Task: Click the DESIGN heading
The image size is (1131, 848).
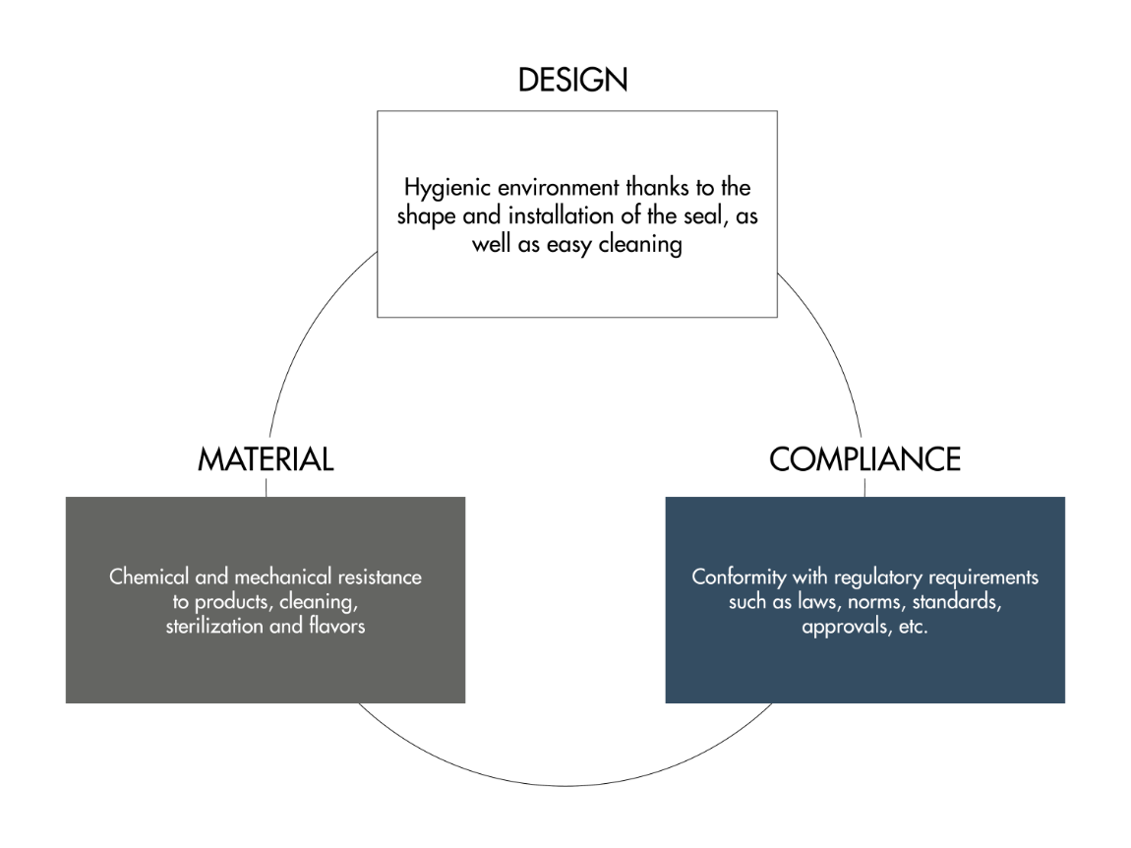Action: pyautogui.click(x=572, y=80)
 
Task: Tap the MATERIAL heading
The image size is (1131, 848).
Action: pyautogui.click(x=266, y=459)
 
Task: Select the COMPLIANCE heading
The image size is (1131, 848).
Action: pyautogui.click(x=864, y=459)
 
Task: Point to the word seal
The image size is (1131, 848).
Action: pyautogui.click(x=705, y=215)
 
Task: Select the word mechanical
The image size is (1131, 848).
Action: pyautogui.click(x=283, y=576)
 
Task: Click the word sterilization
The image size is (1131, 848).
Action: pyautogui.click(x=214, y=626)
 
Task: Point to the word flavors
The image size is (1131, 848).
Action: pyautogui.click(x=337, y=626)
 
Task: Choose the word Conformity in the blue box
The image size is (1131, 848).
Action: pyautogui.click(x=739, y=577)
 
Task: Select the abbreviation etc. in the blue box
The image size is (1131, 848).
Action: pyautogui.click(x=914, y=627)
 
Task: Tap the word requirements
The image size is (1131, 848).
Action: pyautogui.click(x=983, y=578)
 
